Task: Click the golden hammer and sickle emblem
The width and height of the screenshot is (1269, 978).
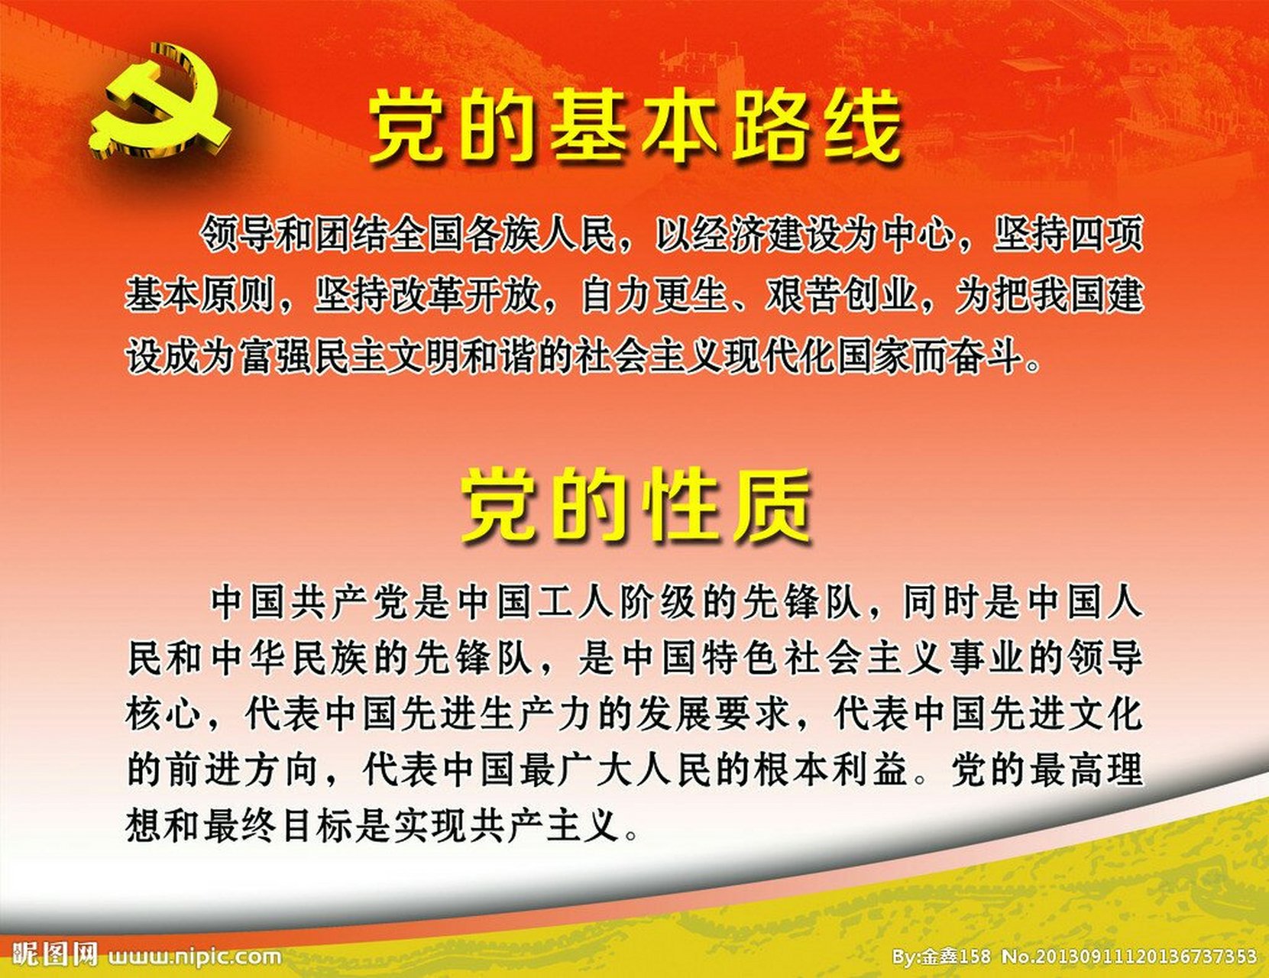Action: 159,102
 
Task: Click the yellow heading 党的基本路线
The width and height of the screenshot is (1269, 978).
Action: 634,128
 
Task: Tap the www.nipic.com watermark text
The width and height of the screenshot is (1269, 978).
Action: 195,957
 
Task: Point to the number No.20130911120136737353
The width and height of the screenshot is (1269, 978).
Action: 1129,957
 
